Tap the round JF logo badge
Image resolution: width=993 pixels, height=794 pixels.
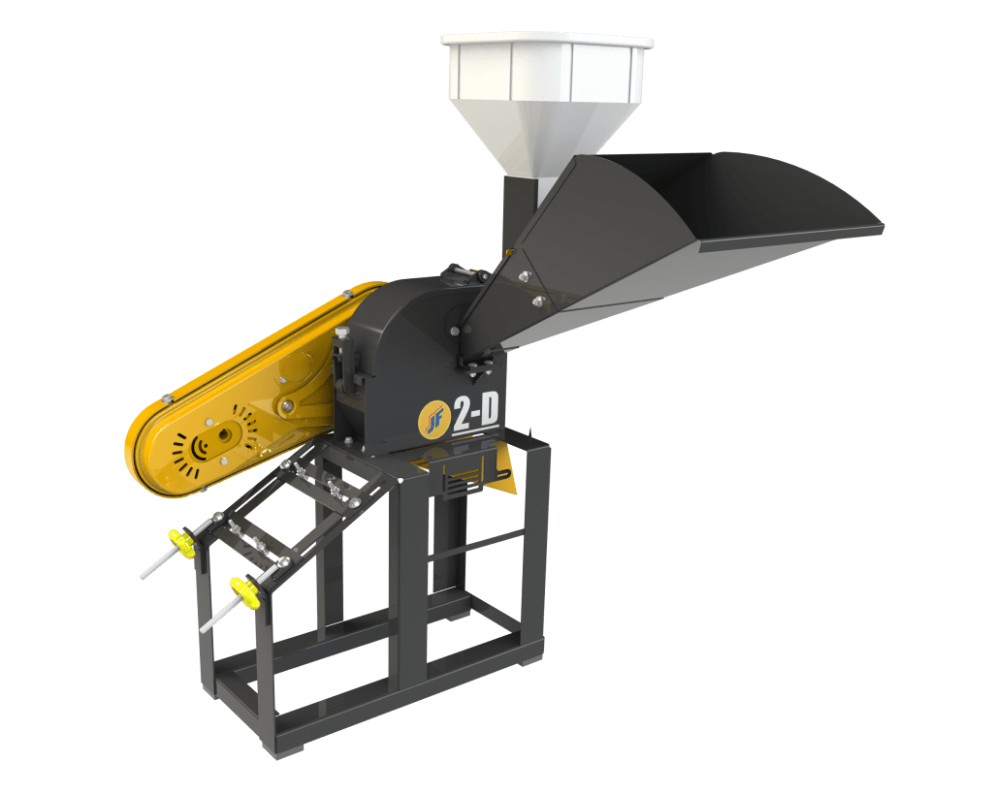tap(430, 416)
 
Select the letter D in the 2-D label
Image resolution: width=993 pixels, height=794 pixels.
tap(488, 410)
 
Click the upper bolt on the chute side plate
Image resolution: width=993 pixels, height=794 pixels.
tap(524, 278)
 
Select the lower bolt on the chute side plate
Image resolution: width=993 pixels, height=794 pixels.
tap(538, 302)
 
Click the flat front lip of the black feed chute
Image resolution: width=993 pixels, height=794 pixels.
tap(790, 238)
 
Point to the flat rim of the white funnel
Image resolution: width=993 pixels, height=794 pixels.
tap(546, 43)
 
